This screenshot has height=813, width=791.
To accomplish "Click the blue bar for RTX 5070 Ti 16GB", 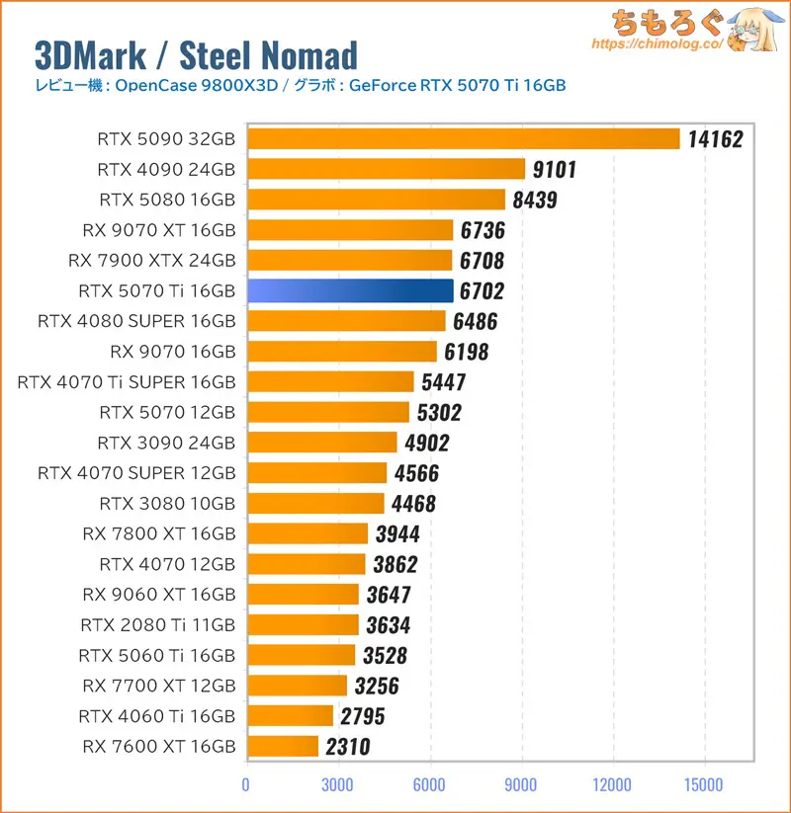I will coord(350,290).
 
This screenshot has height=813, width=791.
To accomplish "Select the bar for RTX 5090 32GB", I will coord(463,139).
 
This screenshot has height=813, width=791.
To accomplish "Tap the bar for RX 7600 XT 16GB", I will coord(283,746).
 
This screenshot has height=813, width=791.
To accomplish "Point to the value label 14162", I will coord(715,139).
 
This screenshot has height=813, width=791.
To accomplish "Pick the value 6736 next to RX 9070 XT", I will coord(483,230).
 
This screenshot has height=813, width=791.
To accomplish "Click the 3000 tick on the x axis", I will coord(338,785).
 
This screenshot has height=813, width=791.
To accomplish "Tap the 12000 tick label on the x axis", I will coord(613,785).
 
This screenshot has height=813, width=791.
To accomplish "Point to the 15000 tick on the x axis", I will coord(704,785).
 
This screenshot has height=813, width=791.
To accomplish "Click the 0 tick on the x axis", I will coord(246,785).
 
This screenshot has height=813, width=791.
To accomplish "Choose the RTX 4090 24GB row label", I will coord(167,170).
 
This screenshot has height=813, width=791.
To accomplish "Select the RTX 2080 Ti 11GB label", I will coord(158,624).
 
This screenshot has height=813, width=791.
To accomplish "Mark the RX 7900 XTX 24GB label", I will coord(152,261).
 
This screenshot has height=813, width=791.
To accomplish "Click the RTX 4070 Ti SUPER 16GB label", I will coord(127,381).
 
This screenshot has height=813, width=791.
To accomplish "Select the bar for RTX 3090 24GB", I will coord(321,443).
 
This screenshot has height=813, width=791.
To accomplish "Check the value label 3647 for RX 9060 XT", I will coord(387,595).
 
